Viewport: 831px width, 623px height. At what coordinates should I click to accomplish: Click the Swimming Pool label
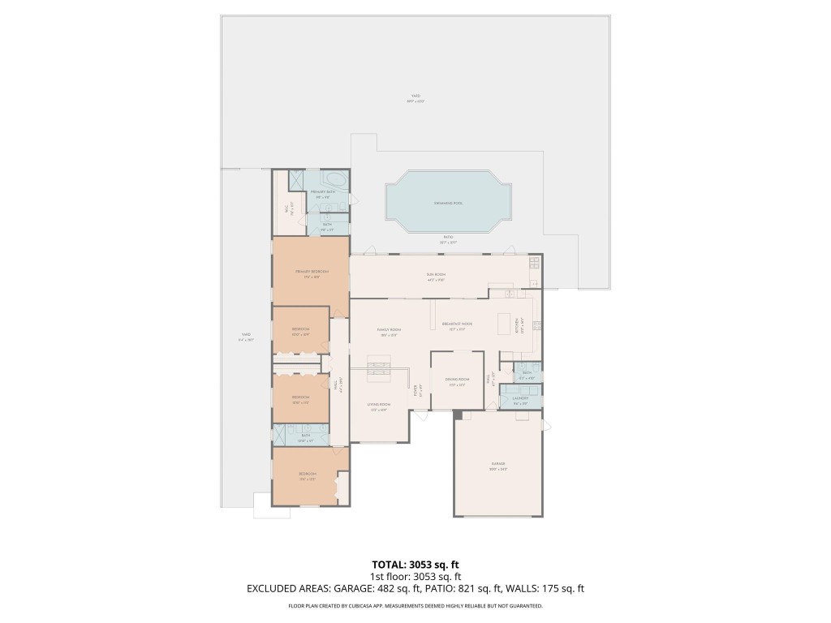click(448, 203)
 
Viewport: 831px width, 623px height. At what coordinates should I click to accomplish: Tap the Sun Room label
click(437, 276)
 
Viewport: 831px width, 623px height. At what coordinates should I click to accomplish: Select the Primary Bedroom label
click(312, 273)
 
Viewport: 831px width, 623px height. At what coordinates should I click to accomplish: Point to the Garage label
click(498, 466)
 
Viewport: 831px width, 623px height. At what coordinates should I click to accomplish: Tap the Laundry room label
click(520, 398)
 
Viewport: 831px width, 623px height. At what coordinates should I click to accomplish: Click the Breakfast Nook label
click(458, 324)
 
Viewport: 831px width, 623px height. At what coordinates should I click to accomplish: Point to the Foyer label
click(417, 389)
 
